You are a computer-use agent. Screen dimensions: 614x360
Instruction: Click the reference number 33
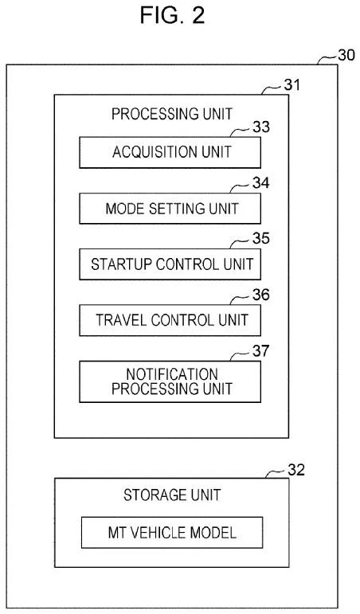point(260,126)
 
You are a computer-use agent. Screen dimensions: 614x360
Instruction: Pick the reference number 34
point(260,182)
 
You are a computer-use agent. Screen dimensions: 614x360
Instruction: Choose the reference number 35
point(260,238)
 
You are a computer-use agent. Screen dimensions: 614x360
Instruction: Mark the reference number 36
point(260,295)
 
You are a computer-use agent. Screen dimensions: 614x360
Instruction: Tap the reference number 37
point(260,351)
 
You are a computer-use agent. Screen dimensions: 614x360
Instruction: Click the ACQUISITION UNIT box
point(171,152)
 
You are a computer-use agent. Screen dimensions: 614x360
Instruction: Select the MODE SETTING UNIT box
point(171,209)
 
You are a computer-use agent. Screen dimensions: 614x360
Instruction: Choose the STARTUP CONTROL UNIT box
point(171,264)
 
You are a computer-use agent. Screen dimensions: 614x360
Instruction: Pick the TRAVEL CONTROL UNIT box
point(171,320)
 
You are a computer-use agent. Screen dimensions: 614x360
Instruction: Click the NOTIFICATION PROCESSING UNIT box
point(171,381)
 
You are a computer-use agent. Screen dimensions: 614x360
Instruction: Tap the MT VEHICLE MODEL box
point(171,533)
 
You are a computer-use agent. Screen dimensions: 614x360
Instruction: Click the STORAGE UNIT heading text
point(171,495)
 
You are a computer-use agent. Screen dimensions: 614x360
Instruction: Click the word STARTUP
point(122,264)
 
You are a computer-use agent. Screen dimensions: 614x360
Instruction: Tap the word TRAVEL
point(119,320)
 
